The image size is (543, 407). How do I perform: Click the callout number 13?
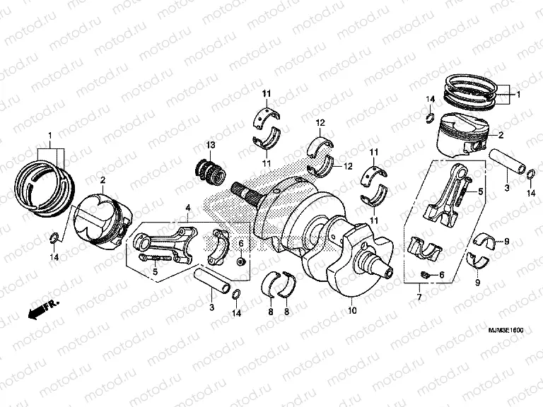click(x=210, y=145)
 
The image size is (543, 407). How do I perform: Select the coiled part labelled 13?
click(x=209, y=171)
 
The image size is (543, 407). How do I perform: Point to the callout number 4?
click(x=188, y=208)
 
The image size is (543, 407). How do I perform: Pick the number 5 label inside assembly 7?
click(x=479, y=191)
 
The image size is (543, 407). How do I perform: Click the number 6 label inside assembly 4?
click(x=240, y=244)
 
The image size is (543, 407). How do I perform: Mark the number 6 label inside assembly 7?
click(x=442, y=275)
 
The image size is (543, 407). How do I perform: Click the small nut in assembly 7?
click(x=426, y=274)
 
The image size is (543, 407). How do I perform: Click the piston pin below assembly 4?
click(x=214, y=281)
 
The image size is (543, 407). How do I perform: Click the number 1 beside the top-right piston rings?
click(x=518, y=94)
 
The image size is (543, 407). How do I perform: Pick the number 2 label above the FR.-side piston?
click(x=103, y=180)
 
